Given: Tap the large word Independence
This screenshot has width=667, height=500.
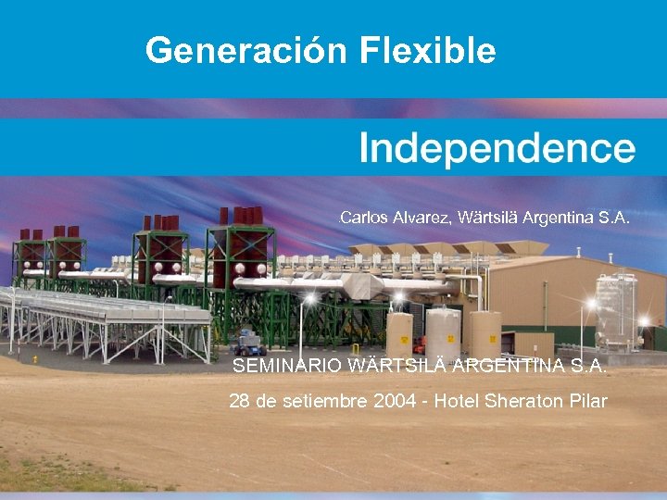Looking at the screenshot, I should [x=497, y=148].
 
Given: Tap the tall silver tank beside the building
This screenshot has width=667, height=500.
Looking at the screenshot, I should [x=613, y=310].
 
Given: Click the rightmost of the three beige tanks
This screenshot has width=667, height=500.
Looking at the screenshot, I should [x=484, y=334].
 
